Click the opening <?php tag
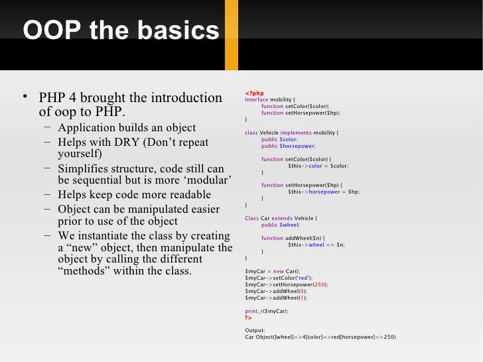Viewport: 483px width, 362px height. click(x=254, y=93)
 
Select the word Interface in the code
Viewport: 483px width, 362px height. click(x=257, y=99)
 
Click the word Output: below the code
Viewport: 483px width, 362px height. click(x=255, y=330)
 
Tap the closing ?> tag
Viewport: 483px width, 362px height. click(x=249, y=317)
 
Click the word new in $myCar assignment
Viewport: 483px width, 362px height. click(x=279, y=271)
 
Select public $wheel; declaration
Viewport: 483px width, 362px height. click(x=280, y=225)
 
